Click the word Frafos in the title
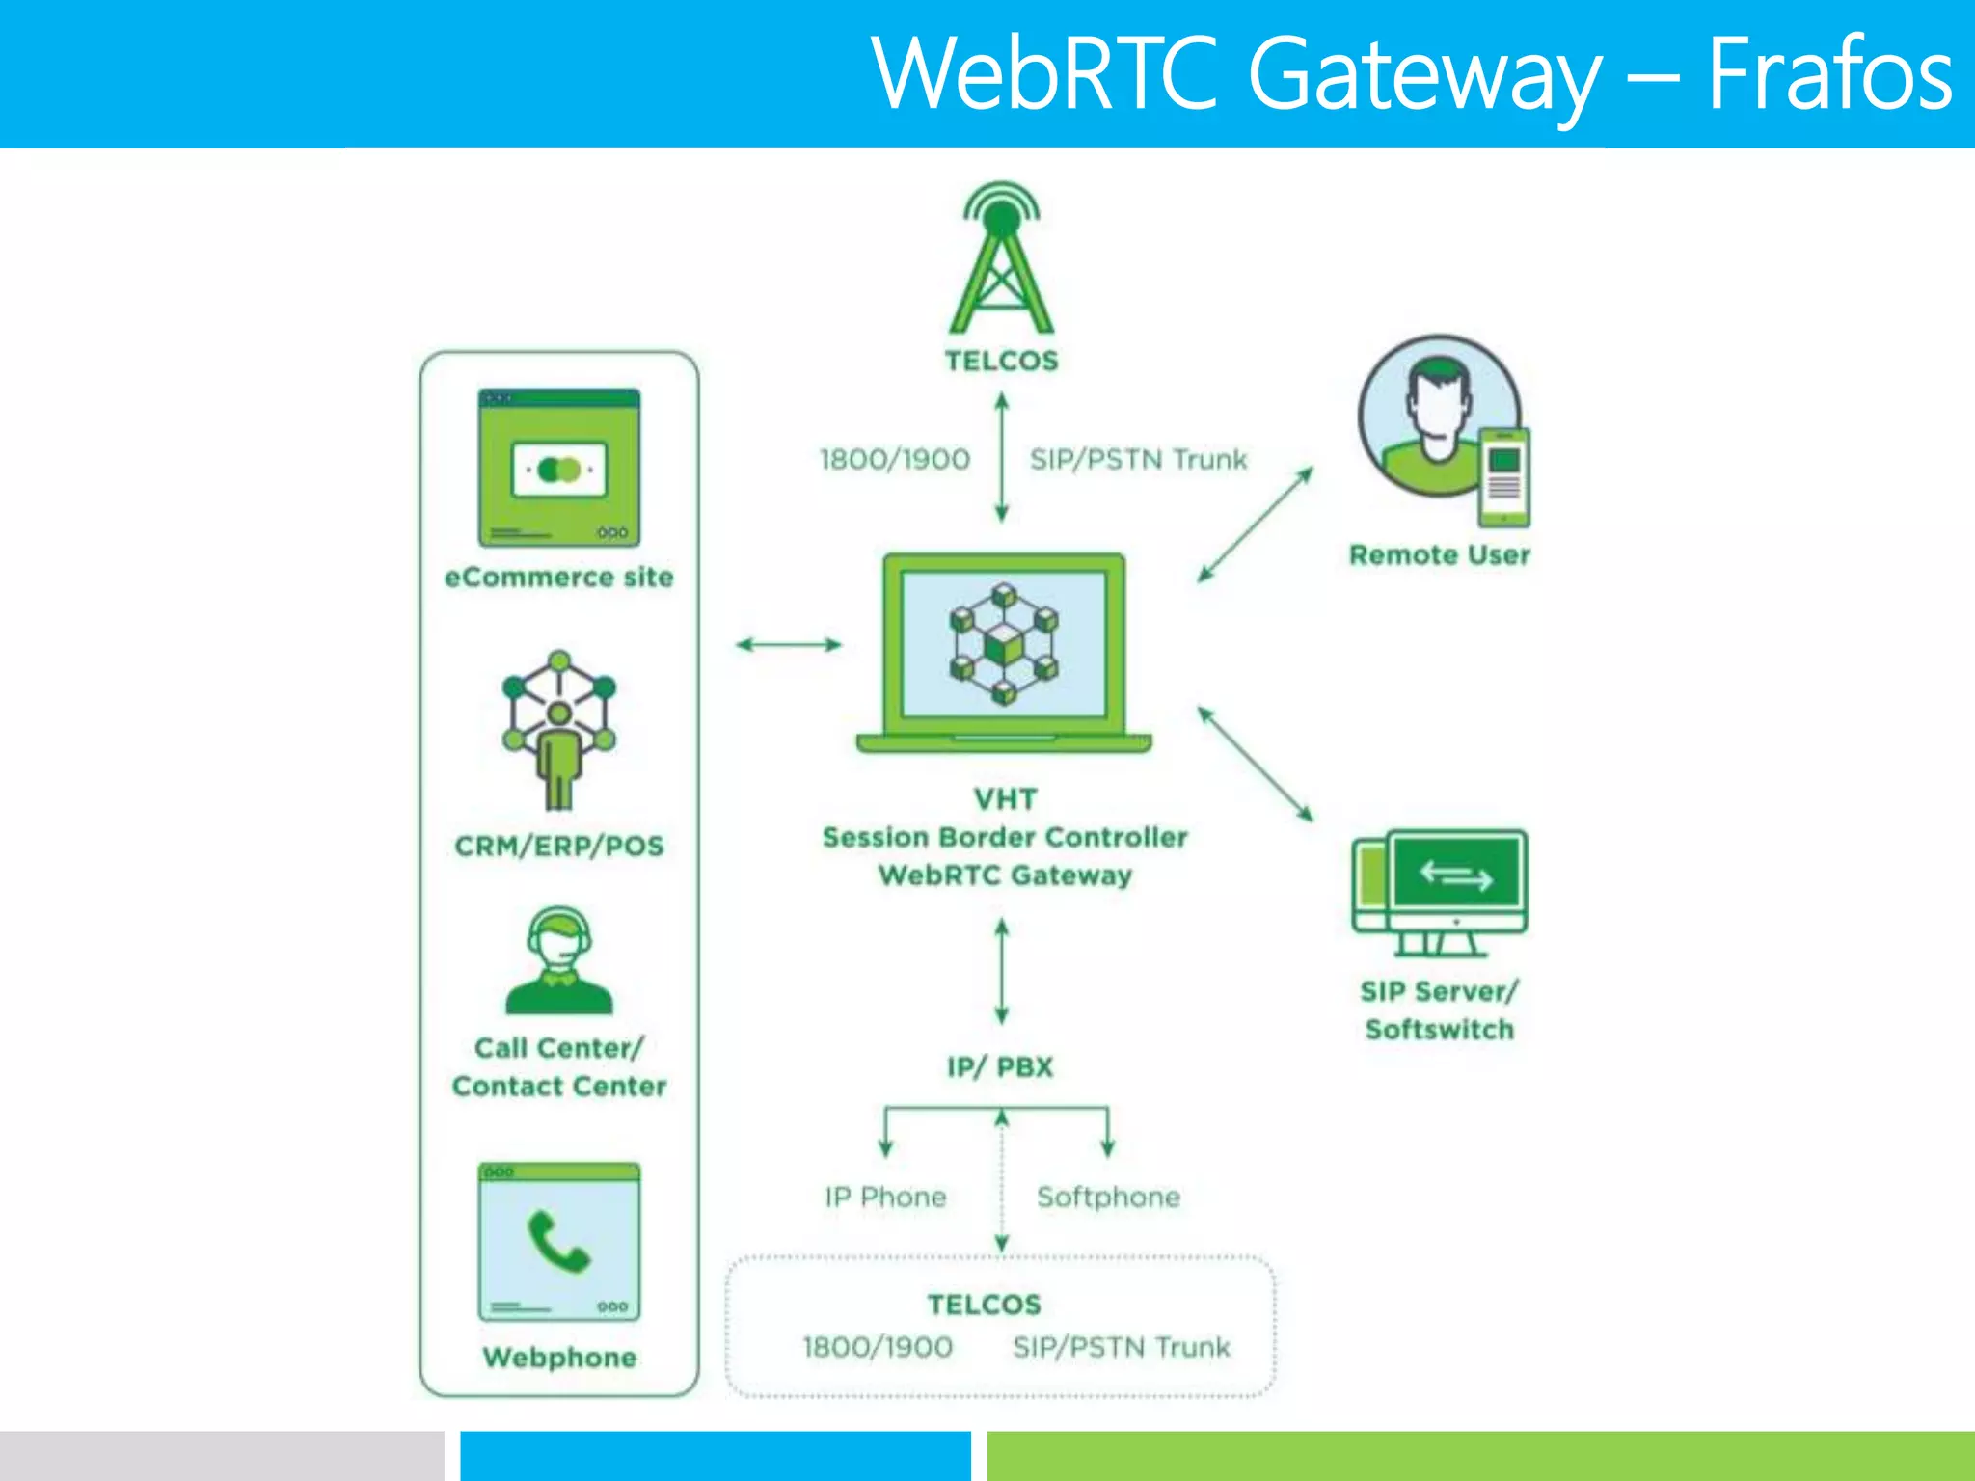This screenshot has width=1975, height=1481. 1829,73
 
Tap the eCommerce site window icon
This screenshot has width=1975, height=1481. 559,468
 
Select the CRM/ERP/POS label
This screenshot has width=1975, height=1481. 559,846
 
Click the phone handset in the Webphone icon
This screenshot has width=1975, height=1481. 557,1242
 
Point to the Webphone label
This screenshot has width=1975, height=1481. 559,1357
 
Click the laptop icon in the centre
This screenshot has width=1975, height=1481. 1004,652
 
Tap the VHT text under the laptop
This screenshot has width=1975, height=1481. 1005,799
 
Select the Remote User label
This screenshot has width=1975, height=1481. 1439,554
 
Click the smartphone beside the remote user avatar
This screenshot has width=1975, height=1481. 1504,477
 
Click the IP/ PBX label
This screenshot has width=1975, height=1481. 1000,1066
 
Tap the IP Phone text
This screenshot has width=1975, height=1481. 885,1197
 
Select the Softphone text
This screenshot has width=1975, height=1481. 1108,1197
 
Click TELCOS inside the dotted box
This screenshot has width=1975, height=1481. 984,1305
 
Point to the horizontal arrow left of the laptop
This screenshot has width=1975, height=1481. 789,644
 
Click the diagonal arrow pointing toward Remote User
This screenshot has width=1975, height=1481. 1255,525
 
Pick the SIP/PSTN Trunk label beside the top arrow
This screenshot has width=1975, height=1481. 1138,459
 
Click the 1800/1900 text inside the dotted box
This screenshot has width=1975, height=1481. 878,1347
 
